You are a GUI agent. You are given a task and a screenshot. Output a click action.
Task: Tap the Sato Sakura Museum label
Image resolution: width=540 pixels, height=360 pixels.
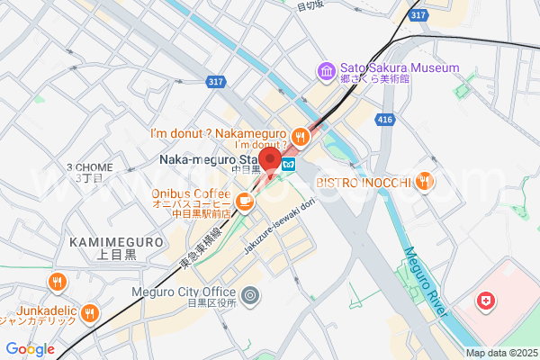tap(399, 68)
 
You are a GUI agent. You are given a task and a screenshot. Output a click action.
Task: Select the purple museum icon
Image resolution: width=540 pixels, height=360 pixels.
tap(325, 69)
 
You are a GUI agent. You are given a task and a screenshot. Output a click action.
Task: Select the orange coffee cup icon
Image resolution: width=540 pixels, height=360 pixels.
tap(244, 200)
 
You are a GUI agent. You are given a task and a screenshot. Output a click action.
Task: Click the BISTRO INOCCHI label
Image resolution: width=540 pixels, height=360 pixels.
tap(363, 183)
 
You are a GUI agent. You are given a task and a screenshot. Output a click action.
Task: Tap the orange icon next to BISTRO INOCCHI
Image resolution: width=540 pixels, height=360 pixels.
tap(424, 183)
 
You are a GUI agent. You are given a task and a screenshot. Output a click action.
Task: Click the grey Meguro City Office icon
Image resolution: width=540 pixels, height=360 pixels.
tap(251, 293)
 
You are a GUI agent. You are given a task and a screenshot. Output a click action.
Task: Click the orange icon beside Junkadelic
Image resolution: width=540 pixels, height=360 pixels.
tap(90, 312)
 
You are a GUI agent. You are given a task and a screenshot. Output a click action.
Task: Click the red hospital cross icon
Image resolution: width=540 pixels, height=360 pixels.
tap(486, 301)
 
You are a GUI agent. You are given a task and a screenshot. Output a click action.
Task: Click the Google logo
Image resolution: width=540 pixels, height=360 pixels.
tap(30, 349)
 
